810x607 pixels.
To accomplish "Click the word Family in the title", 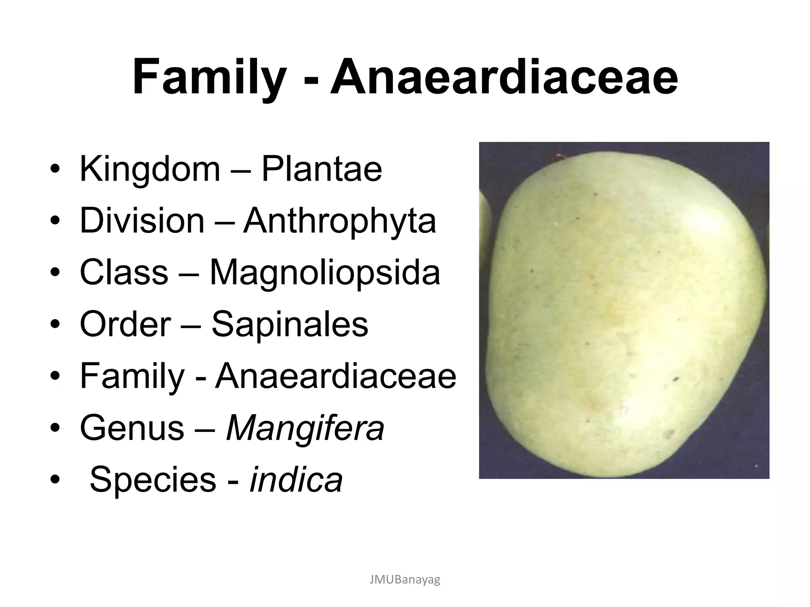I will click(209, 78).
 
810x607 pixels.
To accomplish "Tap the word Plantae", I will click(322, 169).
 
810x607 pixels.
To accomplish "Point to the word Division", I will click(142, 221).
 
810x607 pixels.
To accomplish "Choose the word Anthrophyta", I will click(339, 221).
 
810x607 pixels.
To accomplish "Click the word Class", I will click(124, 272).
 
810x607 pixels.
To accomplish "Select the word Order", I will click(125, 324).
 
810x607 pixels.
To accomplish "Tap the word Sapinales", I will click(290, 324).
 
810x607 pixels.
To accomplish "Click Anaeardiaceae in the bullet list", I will click(335, 376).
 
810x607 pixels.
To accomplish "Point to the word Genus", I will click(132, 428).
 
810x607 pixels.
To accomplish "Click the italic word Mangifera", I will click(305, 428).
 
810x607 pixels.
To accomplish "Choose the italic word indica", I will click(296, 480).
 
